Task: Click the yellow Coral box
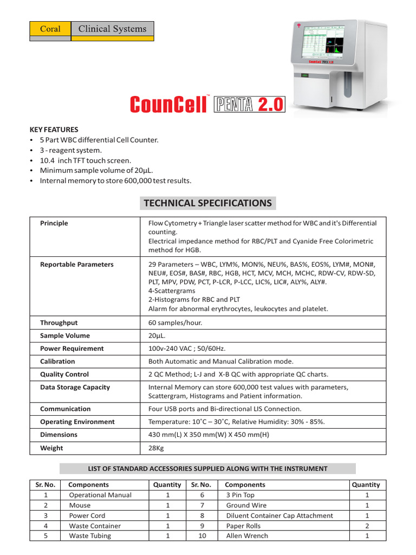[x=50, y=29]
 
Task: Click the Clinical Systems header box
[x=112, y=29]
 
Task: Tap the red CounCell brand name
[x=167, y=105]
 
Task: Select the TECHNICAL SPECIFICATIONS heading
[x=207, y=203]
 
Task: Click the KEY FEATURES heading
[x=54, y=130]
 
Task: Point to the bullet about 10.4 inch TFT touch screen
[x=85, y=160]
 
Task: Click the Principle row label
[x=54, y=223]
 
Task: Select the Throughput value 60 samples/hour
[x=175, y=322]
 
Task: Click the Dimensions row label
[x=58, y=435]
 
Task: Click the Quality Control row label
[x=64, y=375]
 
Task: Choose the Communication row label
[x=66, y=409]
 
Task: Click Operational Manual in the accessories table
[x=100, y=495]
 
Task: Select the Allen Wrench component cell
[x=247, y=536]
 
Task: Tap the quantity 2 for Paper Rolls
[x=367, y=526]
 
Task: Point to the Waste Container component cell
[x=95, y=526]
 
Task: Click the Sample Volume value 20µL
[x=157, y=335]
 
